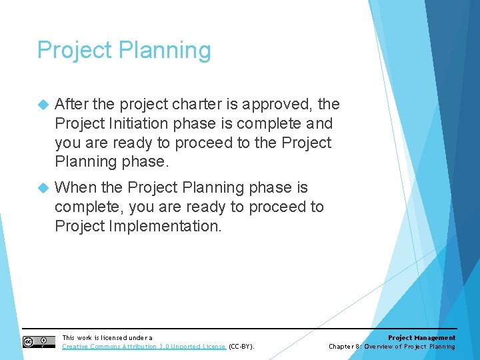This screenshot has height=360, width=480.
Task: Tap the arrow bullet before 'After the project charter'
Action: tap(43, 105)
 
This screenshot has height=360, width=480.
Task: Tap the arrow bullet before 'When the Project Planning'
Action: tap(43, 188)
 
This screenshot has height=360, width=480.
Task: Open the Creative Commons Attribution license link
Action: tap(143, 347)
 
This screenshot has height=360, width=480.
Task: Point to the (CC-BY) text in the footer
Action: tap(241, 347)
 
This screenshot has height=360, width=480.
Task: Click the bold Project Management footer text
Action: tap(421, 338)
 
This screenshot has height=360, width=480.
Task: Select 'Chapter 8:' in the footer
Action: tap(345, 347)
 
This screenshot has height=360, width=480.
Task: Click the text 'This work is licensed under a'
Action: tap(107, 338)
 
